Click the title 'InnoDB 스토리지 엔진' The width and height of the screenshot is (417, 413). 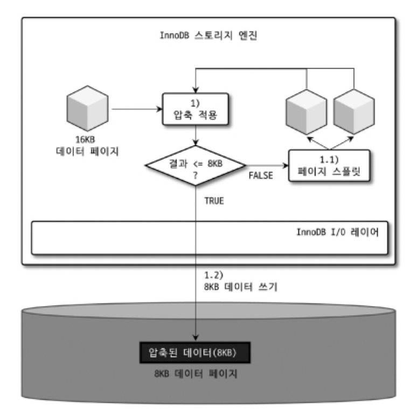(x=207, y=37)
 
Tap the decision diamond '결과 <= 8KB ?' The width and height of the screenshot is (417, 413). (x=196, y=166)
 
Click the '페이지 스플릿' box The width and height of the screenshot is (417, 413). (x=329, y=167)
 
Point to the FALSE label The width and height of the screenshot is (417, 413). (x=261, y=176)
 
